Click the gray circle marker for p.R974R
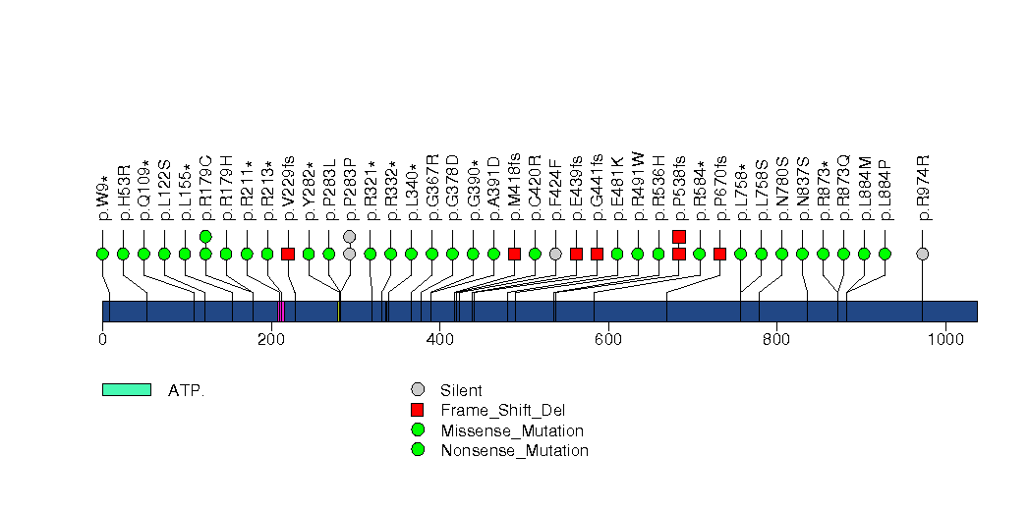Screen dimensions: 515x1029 [922, 254]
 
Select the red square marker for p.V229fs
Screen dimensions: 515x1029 [288, 254]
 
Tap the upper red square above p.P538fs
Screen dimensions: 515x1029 [679, 236]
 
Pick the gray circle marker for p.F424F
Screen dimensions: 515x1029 [555, 254]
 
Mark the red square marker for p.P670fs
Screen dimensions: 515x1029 [720, 254]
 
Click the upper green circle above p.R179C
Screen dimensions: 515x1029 [205, 236]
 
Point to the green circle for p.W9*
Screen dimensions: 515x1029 [102, 254]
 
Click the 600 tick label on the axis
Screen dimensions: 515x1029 [607, 340]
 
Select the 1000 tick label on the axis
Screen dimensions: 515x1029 [944, 340]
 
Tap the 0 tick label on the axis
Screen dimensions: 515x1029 [102, 340]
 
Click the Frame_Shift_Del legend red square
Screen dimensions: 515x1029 [418, 410]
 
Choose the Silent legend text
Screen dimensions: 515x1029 [461, 390]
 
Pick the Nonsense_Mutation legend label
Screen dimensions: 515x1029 [514, 451]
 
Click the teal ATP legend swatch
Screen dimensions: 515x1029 [126, 390]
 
